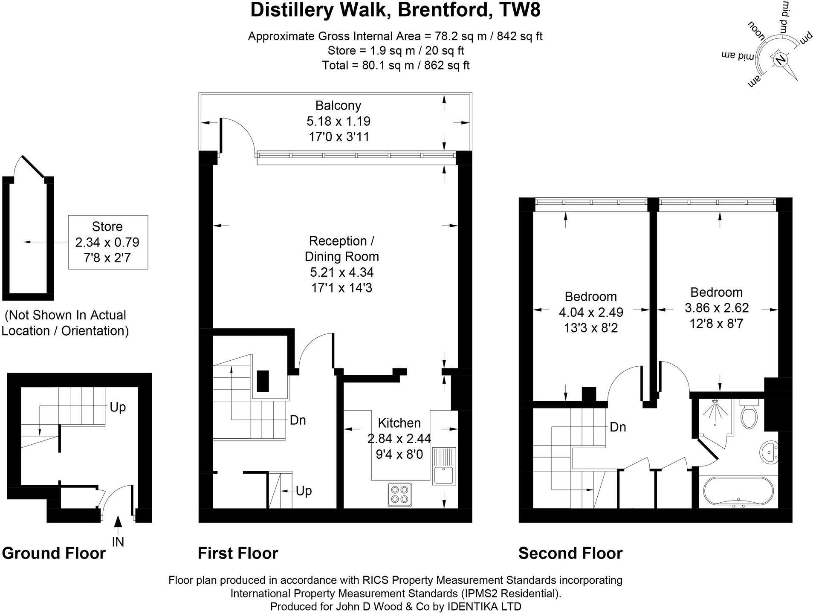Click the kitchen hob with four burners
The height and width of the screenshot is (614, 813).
[x=400, y=494]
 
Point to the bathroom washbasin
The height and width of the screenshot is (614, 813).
[x=769, y=452]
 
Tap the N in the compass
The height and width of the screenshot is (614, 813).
[x=781, y=59]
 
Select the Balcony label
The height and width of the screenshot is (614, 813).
[x=338, y=105]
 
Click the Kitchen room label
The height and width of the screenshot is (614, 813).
[x=399, y=423]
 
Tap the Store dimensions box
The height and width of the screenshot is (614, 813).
[x=108, y=242]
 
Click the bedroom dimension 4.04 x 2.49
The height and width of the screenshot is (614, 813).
[x=591, y=312]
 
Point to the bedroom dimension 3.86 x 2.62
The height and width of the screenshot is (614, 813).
[x=717, y=308]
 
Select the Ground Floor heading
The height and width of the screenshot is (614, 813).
[x=54, y=553]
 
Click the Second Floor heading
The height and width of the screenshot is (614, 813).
[x=570, y=553]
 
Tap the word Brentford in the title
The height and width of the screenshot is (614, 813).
[x=443, y=10]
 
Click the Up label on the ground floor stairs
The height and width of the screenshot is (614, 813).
[x=118, y=407]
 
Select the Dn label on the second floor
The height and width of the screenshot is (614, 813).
[x=618, y=427]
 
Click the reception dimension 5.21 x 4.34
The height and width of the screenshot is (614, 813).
[x=342, y=272]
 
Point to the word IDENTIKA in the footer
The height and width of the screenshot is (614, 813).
[x=472, y=606]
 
